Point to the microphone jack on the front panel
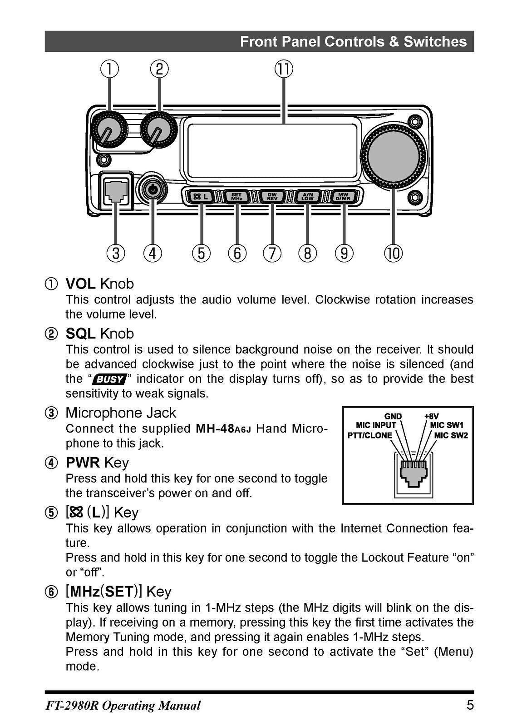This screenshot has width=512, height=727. (116, 190)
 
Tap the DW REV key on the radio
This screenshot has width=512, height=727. (272, 197)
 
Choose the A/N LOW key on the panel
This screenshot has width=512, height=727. (308, 197)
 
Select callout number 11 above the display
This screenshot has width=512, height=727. (284, 70)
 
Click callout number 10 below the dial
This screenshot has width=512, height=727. (393, 253)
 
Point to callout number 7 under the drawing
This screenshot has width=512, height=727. (272, 253)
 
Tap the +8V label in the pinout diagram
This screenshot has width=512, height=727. (431, 416)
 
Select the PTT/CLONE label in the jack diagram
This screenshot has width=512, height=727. (369, 435)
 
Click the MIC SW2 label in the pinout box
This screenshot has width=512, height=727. (451, 435)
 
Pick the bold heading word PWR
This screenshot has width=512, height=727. (83, 463)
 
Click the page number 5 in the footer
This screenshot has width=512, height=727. (470, 705)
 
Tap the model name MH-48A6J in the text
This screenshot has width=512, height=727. (223, 428)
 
